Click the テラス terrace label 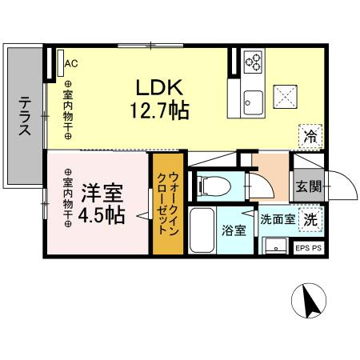(x=26, y=118)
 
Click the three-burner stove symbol (x=254, y=61)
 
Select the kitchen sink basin (x=254, y=102)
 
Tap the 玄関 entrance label (x=310, y=187)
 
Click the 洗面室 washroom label (x=277, y=217)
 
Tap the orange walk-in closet (x=168, y=203)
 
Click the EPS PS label (x=310, y=249)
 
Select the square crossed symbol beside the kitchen (x=286, y=95)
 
